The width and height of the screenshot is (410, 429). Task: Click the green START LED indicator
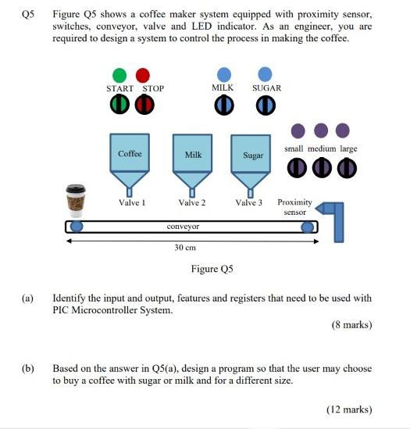[119, 75]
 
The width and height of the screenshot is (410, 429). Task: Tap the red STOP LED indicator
[142, 75]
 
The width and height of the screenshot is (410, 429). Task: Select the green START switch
[119, 105]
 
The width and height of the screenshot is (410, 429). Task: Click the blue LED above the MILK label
[223, 75]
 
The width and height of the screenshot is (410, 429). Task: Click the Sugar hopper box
[252, 155]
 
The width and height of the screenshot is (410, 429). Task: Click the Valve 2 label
[192, 203]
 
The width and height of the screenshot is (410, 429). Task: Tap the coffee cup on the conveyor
[77, 201]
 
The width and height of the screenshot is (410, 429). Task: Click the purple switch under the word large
[347, 166]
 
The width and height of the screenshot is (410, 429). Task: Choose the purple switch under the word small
[296, 166]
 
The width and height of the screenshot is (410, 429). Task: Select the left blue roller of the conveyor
[77, 227]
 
